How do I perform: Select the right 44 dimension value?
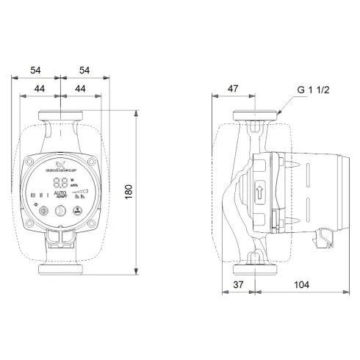(81, 88)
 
